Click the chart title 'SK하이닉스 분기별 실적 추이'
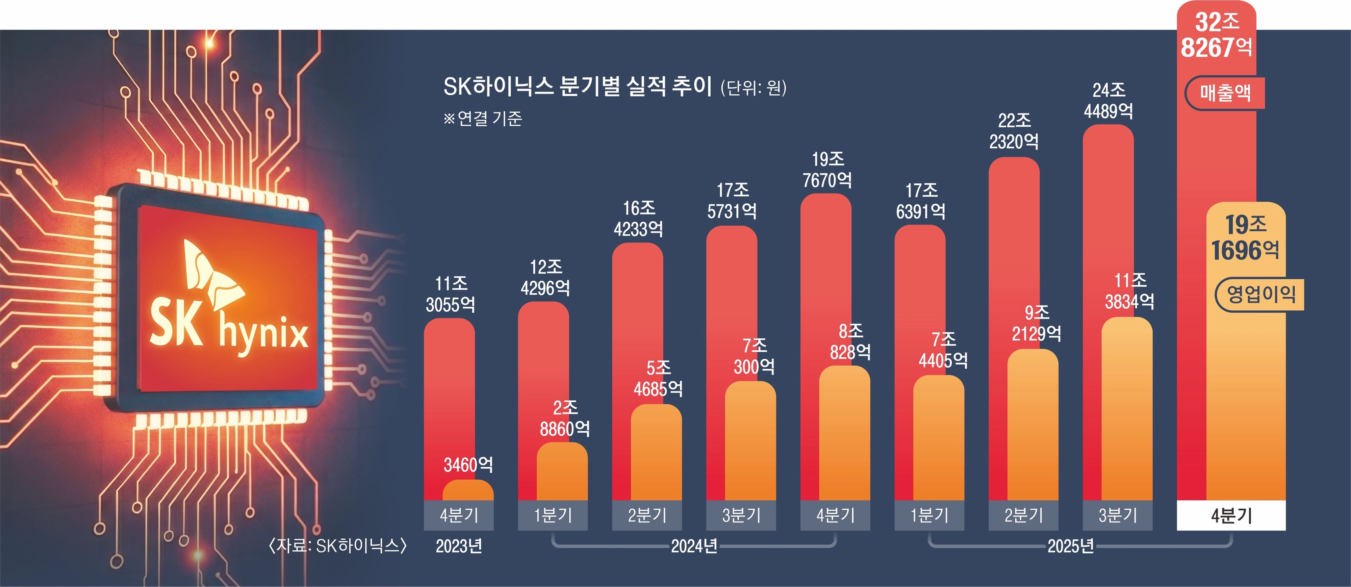click(577, 86)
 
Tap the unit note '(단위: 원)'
click(753, 87)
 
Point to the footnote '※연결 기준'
click(483, 119)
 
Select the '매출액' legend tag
click(1225, 93)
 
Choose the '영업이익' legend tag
click(1260, 294)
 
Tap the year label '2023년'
click(459, 546)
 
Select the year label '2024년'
click(694, 546)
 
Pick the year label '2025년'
click(1070, 546)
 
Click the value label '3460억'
click(468, 465)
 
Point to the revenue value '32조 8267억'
click(1216, 35)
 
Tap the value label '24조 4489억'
click(1108, 101)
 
